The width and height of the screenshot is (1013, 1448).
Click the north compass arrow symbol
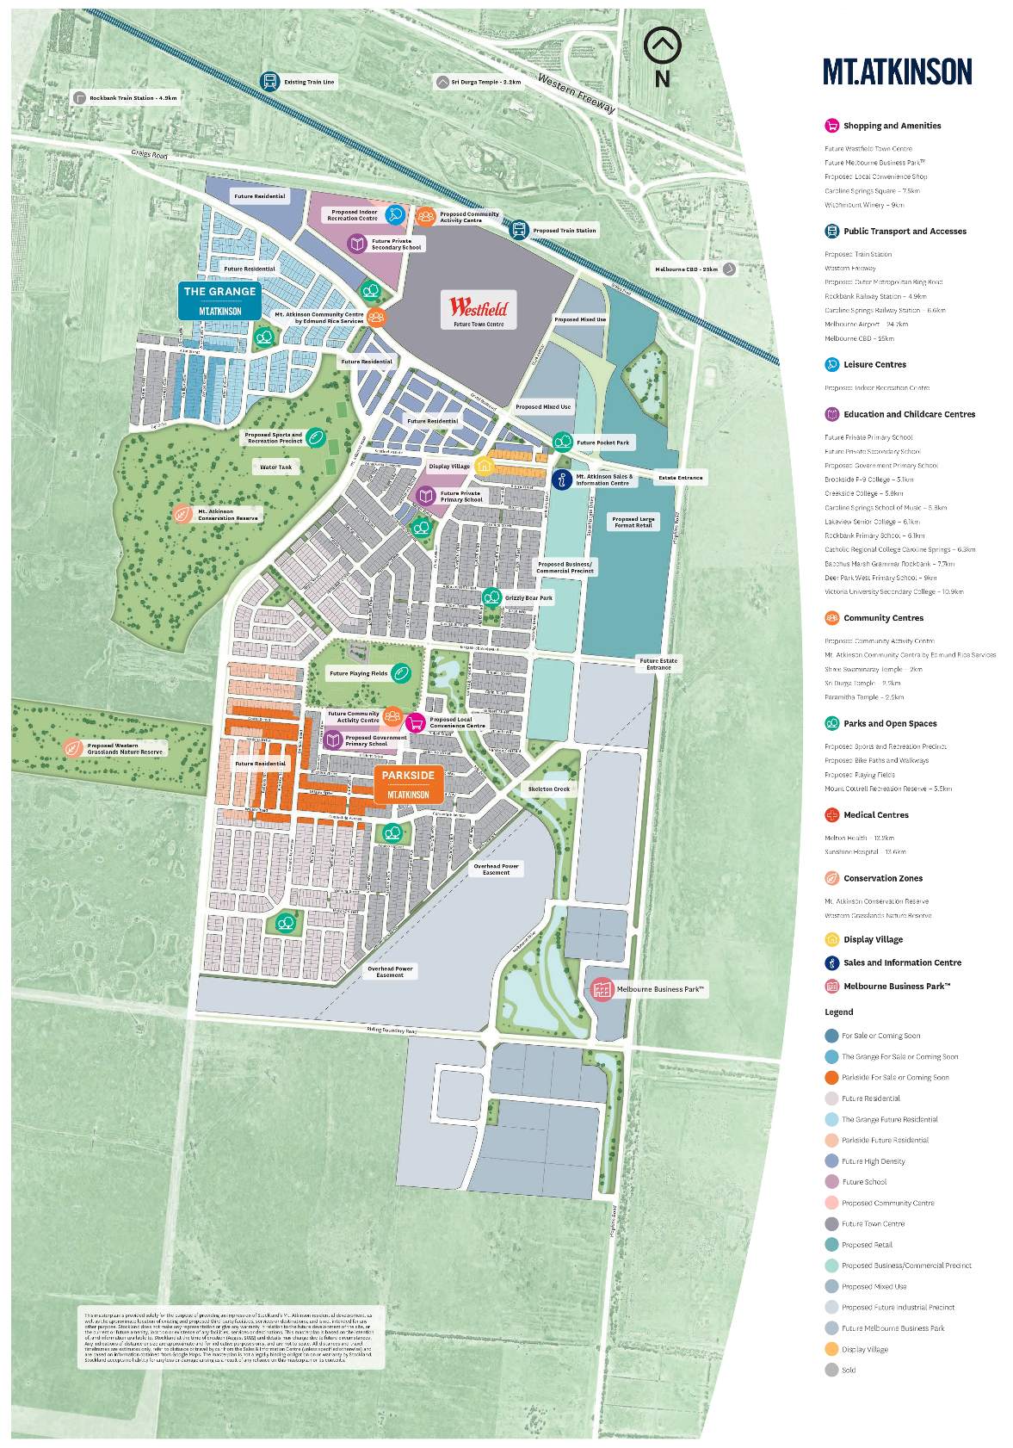coord(662,44)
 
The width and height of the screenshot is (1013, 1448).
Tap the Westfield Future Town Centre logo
coord(479,309)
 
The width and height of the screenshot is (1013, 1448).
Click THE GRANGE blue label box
coord(219,300)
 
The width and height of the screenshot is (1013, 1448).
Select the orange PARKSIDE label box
coord(408,783)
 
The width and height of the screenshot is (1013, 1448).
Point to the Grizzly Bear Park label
coord(528,597)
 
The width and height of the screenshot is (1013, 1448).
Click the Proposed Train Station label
coord(564,231)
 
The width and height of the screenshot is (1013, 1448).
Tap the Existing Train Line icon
coord(270,82)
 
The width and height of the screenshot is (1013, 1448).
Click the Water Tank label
coord(276,467)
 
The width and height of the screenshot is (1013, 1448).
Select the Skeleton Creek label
coord(549,789)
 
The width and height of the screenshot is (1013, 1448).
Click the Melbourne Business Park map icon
coord(602,989)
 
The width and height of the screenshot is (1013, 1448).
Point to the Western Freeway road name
coord(577,93)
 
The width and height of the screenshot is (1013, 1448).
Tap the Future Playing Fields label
coord(358,674)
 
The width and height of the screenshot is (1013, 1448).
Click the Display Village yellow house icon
coord(485,466)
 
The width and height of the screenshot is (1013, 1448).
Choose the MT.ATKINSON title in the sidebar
coord(897,71)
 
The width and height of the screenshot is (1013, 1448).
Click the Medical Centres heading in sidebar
coord(875,814)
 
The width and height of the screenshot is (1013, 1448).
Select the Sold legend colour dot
coord(831,1370)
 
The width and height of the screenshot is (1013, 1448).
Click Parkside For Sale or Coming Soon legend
coord(894,1077)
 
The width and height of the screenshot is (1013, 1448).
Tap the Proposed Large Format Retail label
coord(633,522)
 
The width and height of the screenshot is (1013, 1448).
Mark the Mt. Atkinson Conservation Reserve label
coord(227,515)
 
